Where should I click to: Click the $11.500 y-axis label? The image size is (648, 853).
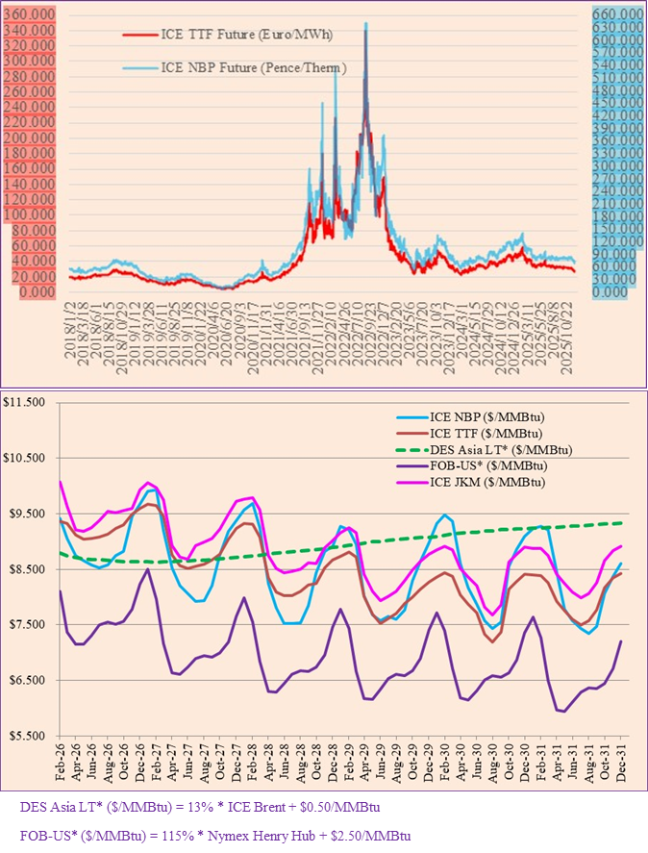click(28, 402)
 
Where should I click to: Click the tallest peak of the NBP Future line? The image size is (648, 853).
click(365, 23)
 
